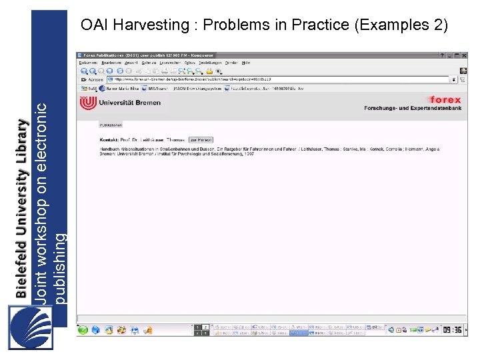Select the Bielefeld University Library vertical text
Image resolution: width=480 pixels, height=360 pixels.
pyautogui.click(x=22, y=209)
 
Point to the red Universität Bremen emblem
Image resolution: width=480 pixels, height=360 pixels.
pyautogui.click(x=87, y=103)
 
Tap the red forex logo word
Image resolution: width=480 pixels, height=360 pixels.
pyautogui.click(x=445, y=100)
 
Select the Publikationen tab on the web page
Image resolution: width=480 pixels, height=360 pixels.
pyautogui.click(x=111, y=125)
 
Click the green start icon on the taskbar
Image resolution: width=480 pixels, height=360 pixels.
pyautogui.click(x=82, y=329)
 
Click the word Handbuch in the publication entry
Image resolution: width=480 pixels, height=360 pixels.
pyautogui.click(x=109, y=149)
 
